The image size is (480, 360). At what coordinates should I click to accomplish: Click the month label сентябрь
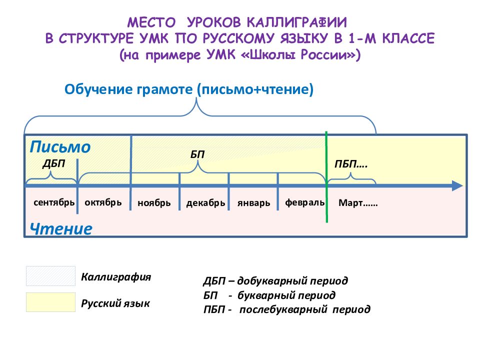(x=54, y=202)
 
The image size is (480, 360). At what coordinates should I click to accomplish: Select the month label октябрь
(x=103, y=202)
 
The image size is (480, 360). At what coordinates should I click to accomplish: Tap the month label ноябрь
(x=154, y=203)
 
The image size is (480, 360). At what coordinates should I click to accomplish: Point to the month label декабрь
(x=205, y=203)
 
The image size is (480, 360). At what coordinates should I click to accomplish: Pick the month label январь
(x=254, y=203)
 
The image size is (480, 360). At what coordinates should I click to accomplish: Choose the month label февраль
(x=305, y=202)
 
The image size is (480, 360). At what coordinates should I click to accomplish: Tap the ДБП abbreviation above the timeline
(x=54, y=163)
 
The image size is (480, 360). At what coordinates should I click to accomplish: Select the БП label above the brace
(x=197, y=154)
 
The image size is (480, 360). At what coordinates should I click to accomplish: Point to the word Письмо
(x=60, y=146)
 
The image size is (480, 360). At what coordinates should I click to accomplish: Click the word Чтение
(x=61, y=228)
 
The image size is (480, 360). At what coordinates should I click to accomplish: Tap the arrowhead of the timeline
(x=457, y=186)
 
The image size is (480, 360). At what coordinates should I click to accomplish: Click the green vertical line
(x=326, y=177)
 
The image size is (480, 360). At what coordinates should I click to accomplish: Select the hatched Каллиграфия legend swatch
(x=50, y=276)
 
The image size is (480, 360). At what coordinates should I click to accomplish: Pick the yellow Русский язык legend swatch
(x=50, y=302)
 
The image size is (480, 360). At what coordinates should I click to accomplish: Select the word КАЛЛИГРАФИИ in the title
(x=297, y=22)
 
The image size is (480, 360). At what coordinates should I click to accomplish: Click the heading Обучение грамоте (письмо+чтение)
(x=189, y=89)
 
